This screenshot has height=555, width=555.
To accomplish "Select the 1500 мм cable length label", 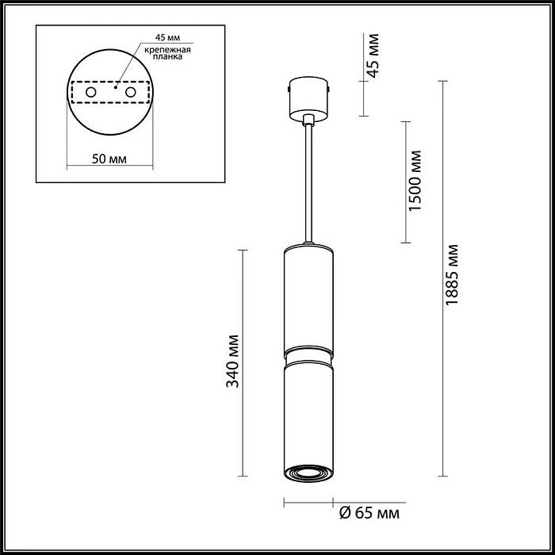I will point(415,181).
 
